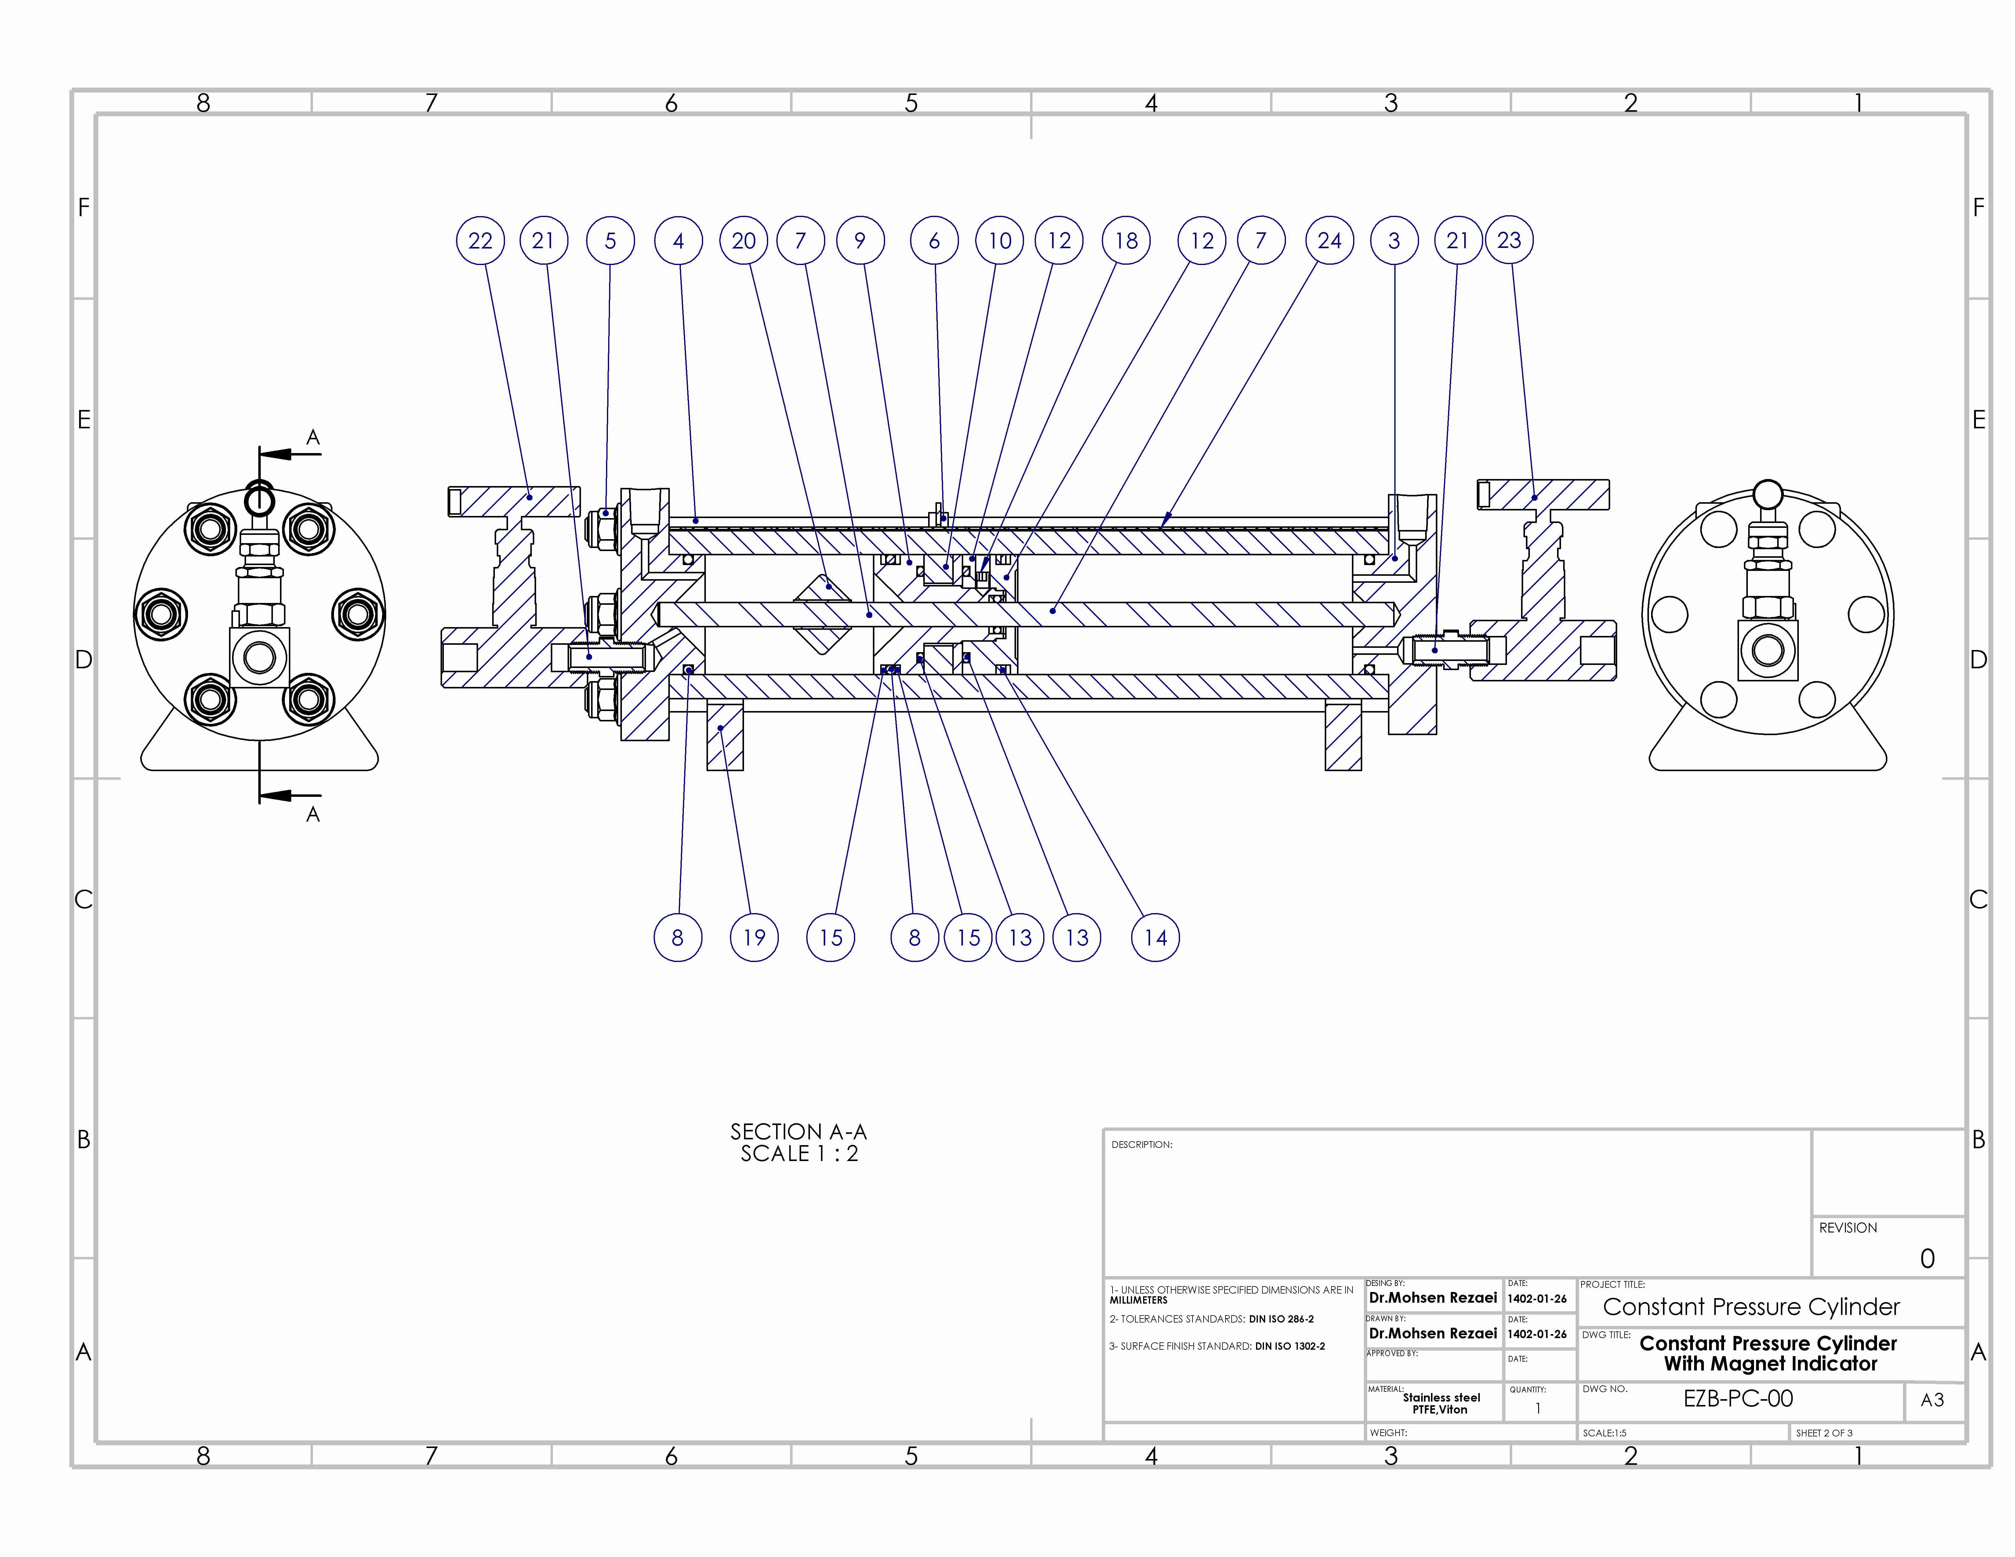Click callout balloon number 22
[x=481, y=241]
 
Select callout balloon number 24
[x=1330, y=241]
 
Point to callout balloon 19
[x=755, y=938]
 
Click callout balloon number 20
[x=744, y=241]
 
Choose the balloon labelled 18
[x=1127, y=241]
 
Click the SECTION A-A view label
[x=799, y=1132]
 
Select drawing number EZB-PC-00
[x=1738, y=1398]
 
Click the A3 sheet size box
[x=1933, y=1400]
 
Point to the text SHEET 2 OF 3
[x=1824, y=1432]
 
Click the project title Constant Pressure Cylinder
[x=1751, y=1307]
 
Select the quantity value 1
[x=1538, y=1409]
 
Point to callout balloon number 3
[x=1394, y=241]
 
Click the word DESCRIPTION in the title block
[x=1141, y=1145]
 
